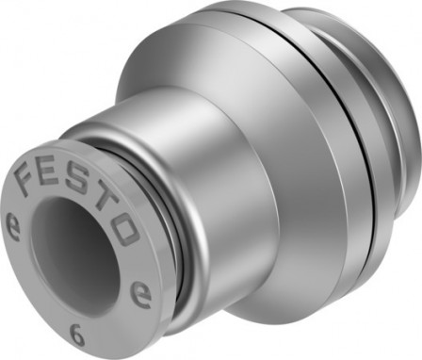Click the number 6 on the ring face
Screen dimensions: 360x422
click(74, 331)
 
